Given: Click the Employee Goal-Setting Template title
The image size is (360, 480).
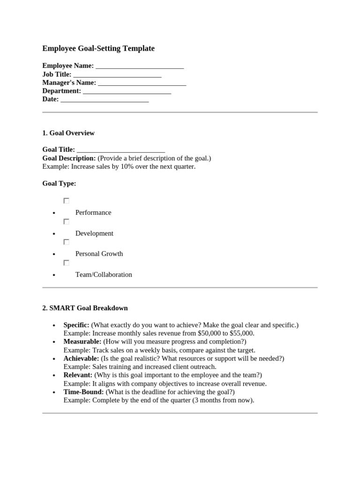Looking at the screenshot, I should coord(98,48).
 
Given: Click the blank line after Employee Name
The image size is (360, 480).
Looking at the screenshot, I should coord(140,66).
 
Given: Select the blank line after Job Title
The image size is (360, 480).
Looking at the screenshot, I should coord(117,75).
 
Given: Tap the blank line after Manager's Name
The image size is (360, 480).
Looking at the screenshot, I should coord(142,83).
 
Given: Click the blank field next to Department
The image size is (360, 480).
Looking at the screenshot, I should coord(127,91).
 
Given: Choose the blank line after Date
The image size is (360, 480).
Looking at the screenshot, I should coord(105,99).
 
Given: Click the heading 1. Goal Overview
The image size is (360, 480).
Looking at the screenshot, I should coord(68,133).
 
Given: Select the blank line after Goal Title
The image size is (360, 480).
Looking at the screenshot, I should coord(121,150).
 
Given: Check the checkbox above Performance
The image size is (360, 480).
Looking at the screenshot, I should coord(67,201).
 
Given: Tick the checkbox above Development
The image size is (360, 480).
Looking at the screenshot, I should coord(67,221).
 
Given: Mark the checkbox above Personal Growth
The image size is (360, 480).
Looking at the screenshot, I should coord(67,242).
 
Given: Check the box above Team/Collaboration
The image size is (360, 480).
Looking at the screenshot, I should coord(67,263).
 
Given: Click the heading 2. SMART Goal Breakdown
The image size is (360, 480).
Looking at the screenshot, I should coord(85,308).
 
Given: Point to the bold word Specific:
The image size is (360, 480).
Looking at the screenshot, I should coord(76,325).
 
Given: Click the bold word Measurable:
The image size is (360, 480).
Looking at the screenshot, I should coord(82,342).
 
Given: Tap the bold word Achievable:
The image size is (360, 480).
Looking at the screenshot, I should coord(81,359).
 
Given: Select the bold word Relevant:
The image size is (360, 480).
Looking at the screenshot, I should coord(78,375).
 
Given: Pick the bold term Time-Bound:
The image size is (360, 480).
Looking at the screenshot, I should coord(84,392).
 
